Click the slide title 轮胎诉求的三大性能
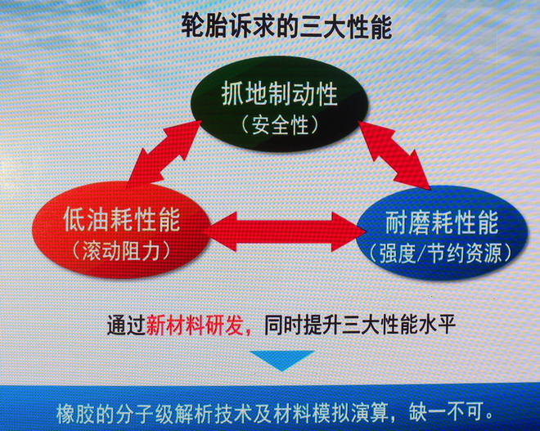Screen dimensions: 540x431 coord(286,26)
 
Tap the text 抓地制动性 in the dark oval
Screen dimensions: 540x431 coord(279,94)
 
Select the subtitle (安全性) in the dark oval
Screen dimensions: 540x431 coord(280,124)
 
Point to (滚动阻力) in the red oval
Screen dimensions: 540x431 coord(122,250)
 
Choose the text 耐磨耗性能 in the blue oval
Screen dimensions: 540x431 coord(442,222)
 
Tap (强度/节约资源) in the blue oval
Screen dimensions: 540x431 coord(442,254)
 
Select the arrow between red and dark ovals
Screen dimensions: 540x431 coord(165,151)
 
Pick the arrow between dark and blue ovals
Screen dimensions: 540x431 coord(394,155)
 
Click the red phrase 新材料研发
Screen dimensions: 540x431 coord(195,325)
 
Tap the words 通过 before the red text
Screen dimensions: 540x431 coord(126,325)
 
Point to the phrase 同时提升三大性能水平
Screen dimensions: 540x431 coord(360,324)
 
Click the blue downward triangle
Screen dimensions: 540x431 coord(282,359)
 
